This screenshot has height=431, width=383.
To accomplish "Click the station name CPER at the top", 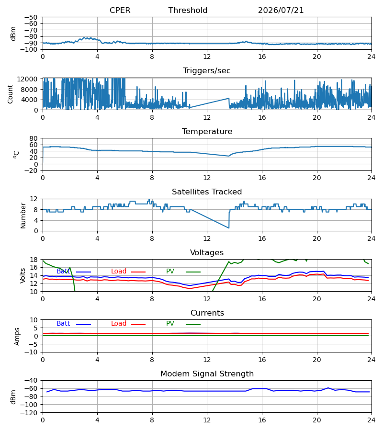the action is (120, 10).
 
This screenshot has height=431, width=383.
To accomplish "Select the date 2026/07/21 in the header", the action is (281, 10).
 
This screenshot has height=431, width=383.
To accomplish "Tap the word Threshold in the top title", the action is (188, 10).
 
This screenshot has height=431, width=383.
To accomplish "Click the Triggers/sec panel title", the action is (207, 71).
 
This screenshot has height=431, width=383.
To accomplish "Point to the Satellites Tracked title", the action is (207, 192).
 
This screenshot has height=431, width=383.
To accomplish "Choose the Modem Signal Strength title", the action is (207, 374).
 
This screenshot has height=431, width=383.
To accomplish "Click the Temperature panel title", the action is (207, 131).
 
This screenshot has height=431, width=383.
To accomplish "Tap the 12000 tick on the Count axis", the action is (27, 79).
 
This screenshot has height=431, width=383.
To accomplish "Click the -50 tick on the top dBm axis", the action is (31, 17).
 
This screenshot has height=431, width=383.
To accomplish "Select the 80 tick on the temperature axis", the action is (34, 138).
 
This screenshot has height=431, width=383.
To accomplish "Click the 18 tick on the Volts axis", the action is (34, 260).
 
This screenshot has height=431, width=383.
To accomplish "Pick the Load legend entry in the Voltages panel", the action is (128, 272).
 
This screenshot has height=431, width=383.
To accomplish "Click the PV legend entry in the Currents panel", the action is (183, 324).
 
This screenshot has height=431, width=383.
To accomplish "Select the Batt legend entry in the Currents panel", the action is (74, 324).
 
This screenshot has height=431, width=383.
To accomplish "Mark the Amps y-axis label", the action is (17, 337).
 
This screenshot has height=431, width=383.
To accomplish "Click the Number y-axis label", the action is (23, 215).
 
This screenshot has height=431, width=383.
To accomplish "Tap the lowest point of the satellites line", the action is (228, 228).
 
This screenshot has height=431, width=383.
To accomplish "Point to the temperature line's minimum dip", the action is (228, 156).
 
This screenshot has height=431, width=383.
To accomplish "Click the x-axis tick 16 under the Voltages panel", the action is (262, 299).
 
